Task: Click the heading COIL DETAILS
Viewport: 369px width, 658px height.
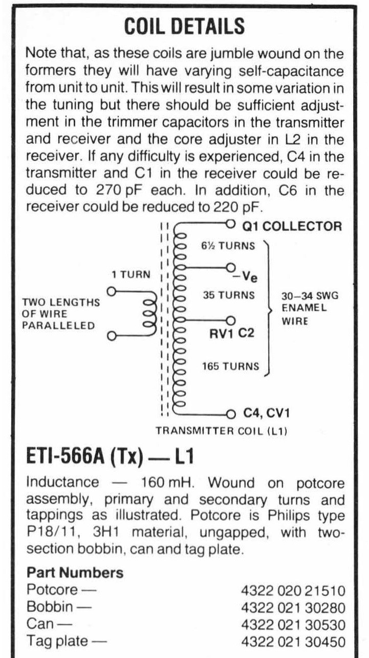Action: click(x=184, y=26)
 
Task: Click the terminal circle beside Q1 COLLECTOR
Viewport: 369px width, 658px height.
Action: click(x=230, y=224)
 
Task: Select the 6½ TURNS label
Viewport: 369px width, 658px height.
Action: click(x=228, y=246)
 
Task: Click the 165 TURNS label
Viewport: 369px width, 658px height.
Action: click(x=231, y=367)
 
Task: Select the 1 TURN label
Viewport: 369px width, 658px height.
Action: click(x=131, y=274)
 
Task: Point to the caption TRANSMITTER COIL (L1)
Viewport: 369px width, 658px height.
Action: click(x=221, y=432)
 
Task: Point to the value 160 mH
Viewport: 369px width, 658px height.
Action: click(x=161, y=483)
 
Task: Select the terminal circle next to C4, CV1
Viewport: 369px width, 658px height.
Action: click(x=231, y=413)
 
